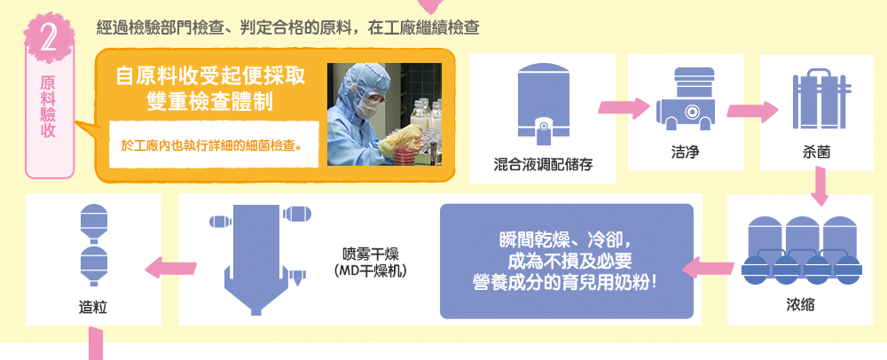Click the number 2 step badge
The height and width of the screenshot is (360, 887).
[x=49, y=38]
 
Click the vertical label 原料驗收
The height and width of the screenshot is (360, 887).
[x=49, y=107]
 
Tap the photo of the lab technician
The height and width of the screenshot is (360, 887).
[x=385, y=114]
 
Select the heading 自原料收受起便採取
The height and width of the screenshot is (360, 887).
[x=210, y=76]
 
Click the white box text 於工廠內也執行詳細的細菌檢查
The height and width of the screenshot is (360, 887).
[x=211, y=145]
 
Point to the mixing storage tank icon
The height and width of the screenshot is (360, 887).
[x=543, y=103]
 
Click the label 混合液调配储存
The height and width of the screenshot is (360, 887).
[x=543, y=166]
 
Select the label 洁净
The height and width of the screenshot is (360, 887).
[x=686, y=152]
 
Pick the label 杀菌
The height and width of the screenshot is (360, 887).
[x=817, y=152]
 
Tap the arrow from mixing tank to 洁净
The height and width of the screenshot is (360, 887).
[x=624, y=107]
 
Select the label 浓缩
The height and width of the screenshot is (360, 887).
[x=800, y=305]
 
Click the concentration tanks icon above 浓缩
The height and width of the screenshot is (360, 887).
[x=801, y=250]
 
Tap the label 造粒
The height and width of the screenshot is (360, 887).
[x=93, y=308]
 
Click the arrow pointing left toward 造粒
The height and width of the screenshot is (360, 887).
[x=171, y=268]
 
